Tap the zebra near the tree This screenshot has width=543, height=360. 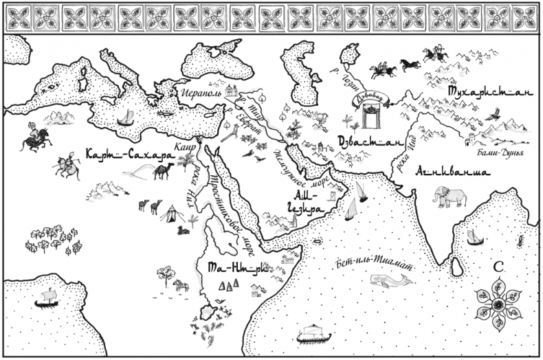pos(181,285)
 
